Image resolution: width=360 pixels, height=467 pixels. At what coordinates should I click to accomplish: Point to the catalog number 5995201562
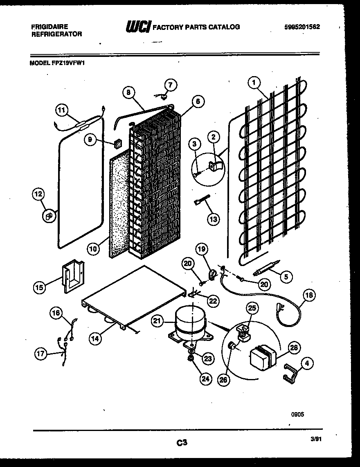(302, 27)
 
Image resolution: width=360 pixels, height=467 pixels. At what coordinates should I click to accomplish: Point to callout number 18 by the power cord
(310, 295)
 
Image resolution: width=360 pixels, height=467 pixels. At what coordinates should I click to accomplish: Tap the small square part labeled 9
(119, 143)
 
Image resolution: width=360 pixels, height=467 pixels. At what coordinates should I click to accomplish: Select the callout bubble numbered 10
(94, 248)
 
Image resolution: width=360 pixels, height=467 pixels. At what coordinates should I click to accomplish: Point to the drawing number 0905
(297, 414)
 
